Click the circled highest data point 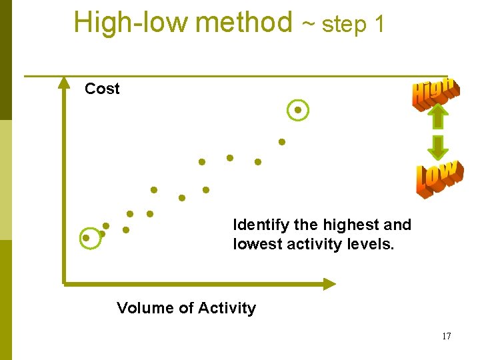(x=298, y=110)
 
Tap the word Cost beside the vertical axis (x=102, y=89)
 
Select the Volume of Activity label (x=186, y=308)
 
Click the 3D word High (x=435, y=93)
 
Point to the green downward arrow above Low (x=437, y=147)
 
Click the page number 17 (x=446, y=336)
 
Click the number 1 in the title (x=379, y=24)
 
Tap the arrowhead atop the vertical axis (x=64, y=83)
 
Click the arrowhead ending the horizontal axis (x=330, y=284)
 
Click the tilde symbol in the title (x=309, y=25)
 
